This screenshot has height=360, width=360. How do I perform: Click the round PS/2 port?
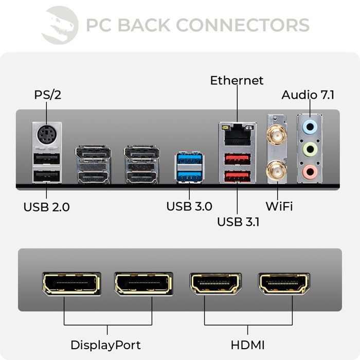[x=47, y=136]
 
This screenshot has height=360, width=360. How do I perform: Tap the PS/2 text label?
[x=48, y=95]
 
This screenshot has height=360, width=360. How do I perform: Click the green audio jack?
[x=309, y=149]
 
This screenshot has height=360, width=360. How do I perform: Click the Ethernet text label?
[x=237, y=81]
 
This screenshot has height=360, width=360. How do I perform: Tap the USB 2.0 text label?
[x=46, y=207]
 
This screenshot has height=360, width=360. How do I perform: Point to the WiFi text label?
[x=279, y=207]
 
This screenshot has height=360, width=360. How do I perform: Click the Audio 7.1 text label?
[x=308, y=95]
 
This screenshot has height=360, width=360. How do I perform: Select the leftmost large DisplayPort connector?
[x=71, y=284]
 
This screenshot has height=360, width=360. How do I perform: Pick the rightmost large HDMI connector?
[x=284, y=284]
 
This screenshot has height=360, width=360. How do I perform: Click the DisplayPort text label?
[x=105, y=345]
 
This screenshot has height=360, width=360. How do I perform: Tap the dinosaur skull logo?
[x=60, y=25]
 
